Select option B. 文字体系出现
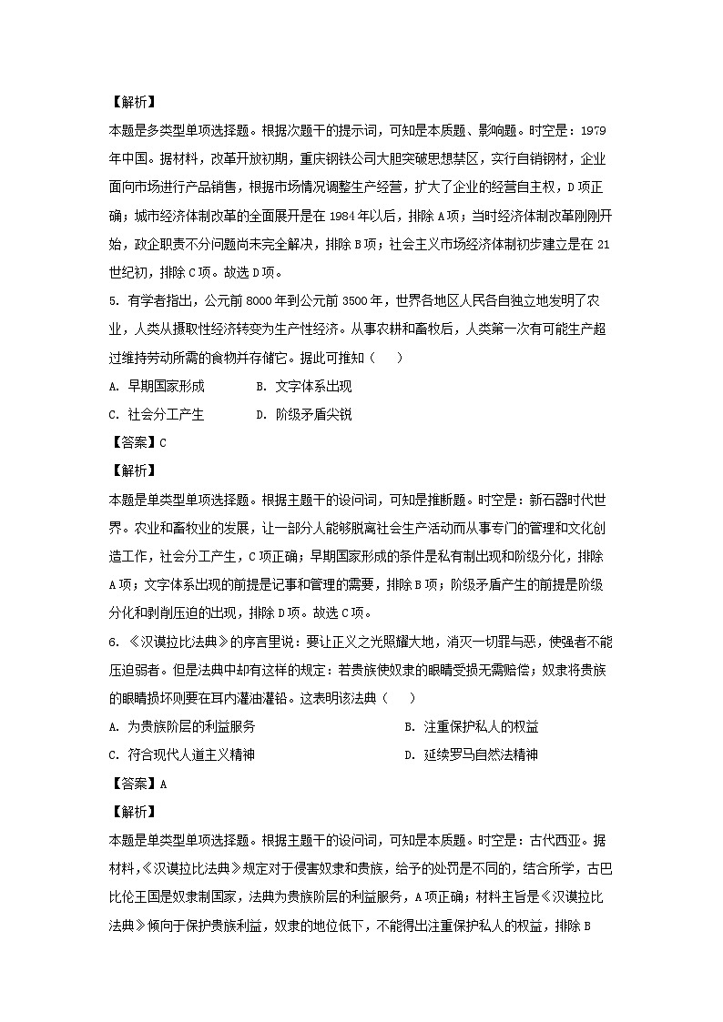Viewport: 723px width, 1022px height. click(303, 387)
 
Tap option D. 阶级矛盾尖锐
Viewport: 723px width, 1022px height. click(303, 415)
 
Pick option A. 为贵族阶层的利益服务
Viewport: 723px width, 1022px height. click(181, 726)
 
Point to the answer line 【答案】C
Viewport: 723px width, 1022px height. click(137, 443)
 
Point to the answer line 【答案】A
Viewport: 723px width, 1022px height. click(137, 783)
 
